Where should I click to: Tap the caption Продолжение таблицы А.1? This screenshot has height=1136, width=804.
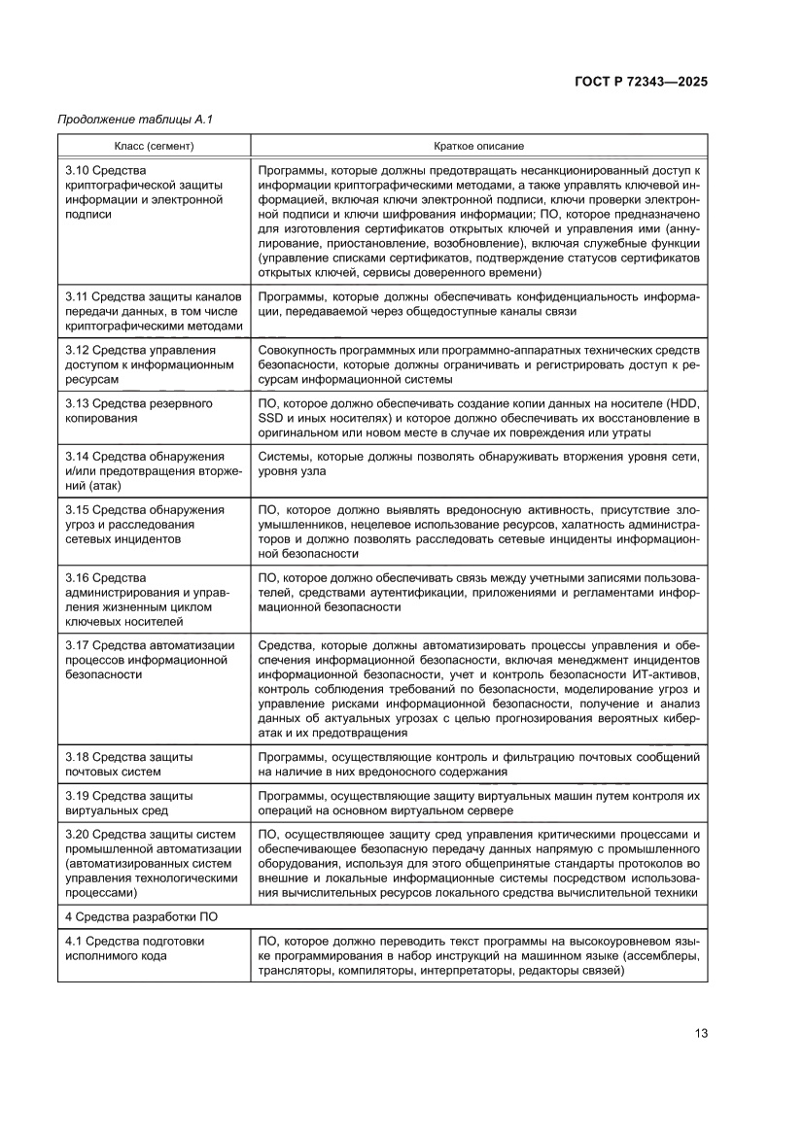[x=135, y=120]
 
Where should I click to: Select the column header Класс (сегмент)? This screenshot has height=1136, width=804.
[x=154, y=146]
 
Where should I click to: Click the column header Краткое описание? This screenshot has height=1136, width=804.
[x=478, y=146]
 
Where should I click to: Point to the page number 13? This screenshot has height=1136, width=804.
[x=701, y=1033]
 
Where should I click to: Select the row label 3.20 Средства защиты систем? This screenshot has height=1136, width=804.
[x=151, y=862]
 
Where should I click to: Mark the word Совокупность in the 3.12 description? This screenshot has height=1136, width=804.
[x=296, y=349]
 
